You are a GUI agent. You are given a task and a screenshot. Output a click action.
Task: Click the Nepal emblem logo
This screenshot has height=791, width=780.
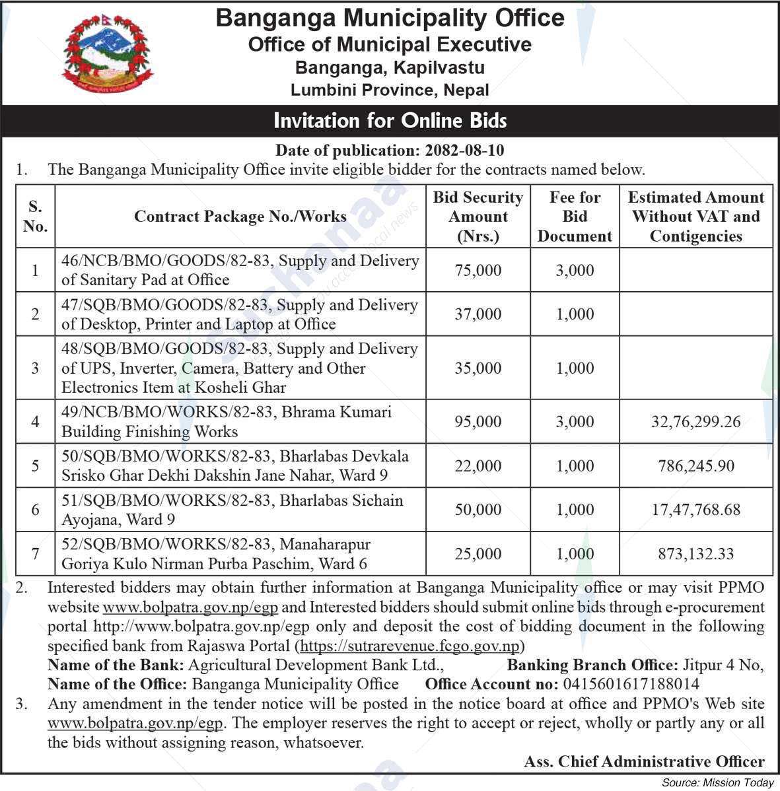click(107, 55)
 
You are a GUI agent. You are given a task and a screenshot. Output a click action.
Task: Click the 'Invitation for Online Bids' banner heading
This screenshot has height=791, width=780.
click(390, 121)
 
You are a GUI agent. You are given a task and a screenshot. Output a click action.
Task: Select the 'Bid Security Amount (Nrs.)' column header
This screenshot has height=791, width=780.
click(478, 217)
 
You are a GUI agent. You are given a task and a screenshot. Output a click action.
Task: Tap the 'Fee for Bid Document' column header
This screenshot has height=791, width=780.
click(575, 217)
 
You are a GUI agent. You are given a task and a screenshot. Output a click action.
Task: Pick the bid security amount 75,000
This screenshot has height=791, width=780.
click(478, 271)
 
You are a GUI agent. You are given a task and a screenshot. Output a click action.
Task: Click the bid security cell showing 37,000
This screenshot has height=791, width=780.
click(478, 314)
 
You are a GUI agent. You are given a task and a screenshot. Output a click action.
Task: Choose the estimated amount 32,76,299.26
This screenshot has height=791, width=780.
click(695, 421)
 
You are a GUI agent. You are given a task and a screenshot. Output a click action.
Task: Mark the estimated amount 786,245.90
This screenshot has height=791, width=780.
click(695, 465)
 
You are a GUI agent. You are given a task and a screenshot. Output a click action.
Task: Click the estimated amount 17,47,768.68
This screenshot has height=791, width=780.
click(695, 510)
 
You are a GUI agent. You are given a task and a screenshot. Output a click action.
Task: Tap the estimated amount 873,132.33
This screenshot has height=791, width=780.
click(695, 554)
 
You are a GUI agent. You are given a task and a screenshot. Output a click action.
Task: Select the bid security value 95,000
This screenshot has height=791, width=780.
click(478, 421)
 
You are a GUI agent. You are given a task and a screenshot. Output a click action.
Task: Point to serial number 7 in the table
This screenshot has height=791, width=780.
click(35, 554)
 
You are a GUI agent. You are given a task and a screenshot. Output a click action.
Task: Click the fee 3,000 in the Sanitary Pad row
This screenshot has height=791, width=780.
click(575, 271)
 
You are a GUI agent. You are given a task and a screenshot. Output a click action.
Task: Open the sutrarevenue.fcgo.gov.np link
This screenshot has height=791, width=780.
click(410, 646)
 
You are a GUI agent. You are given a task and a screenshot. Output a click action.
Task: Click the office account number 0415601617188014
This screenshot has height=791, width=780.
click(629, 684)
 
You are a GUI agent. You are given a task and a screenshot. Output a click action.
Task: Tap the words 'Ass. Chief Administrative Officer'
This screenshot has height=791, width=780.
click(644, 762)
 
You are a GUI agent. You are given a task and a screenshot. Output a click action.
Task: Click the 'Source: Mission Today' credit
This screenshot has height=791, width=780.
click(717, 783)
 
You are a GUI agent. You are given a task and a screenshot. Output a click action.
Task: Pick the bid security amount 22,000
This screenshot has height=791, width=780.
click(478, 465)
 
